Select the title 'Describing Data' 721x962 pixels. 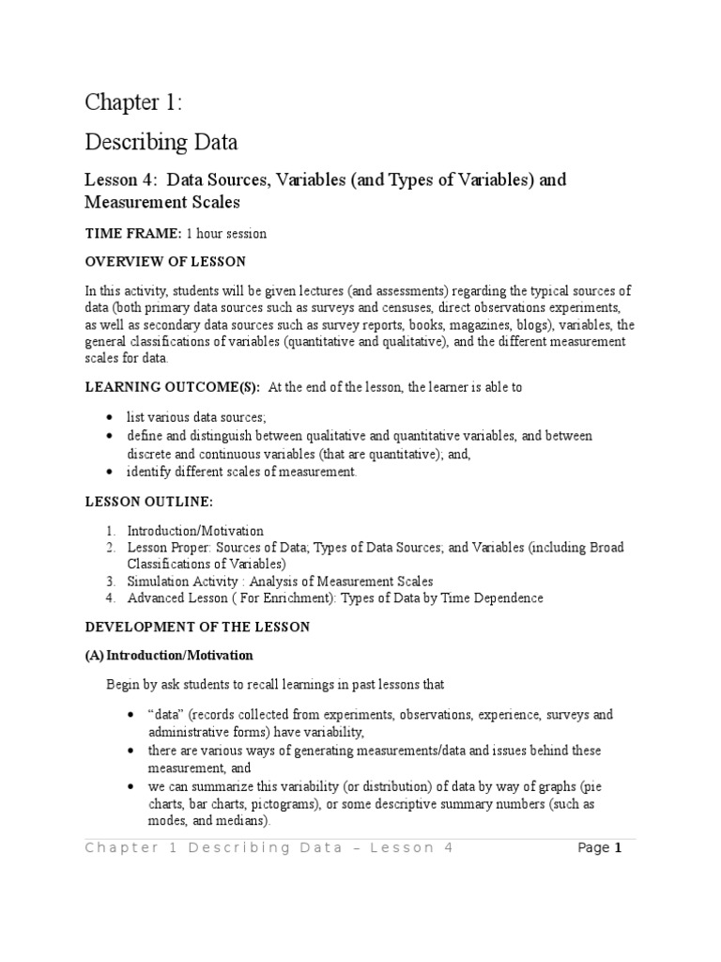click(161, 142)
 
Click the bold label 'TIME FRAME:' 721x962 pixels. click(133, 234)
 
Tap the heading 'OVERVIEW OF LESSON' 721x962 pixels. click(165, 261)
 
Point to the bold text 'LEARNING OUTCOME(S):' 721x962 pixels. click(173, 387)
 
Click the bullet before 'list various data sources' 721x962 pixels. click(110, 415)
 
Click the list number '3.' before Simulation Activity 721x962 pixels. click(110, 582)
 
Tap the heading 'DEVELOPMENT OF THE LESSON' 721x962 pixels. click(197, 626)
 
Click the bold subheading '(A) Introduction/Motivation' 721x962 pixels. click(169, 655)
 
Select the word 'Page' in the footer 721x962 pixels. click(593, 847)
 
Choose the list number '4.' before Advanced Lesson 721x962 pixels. click(110, 598)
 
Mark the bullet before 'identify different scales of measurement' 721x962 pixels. click(110, 472)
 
